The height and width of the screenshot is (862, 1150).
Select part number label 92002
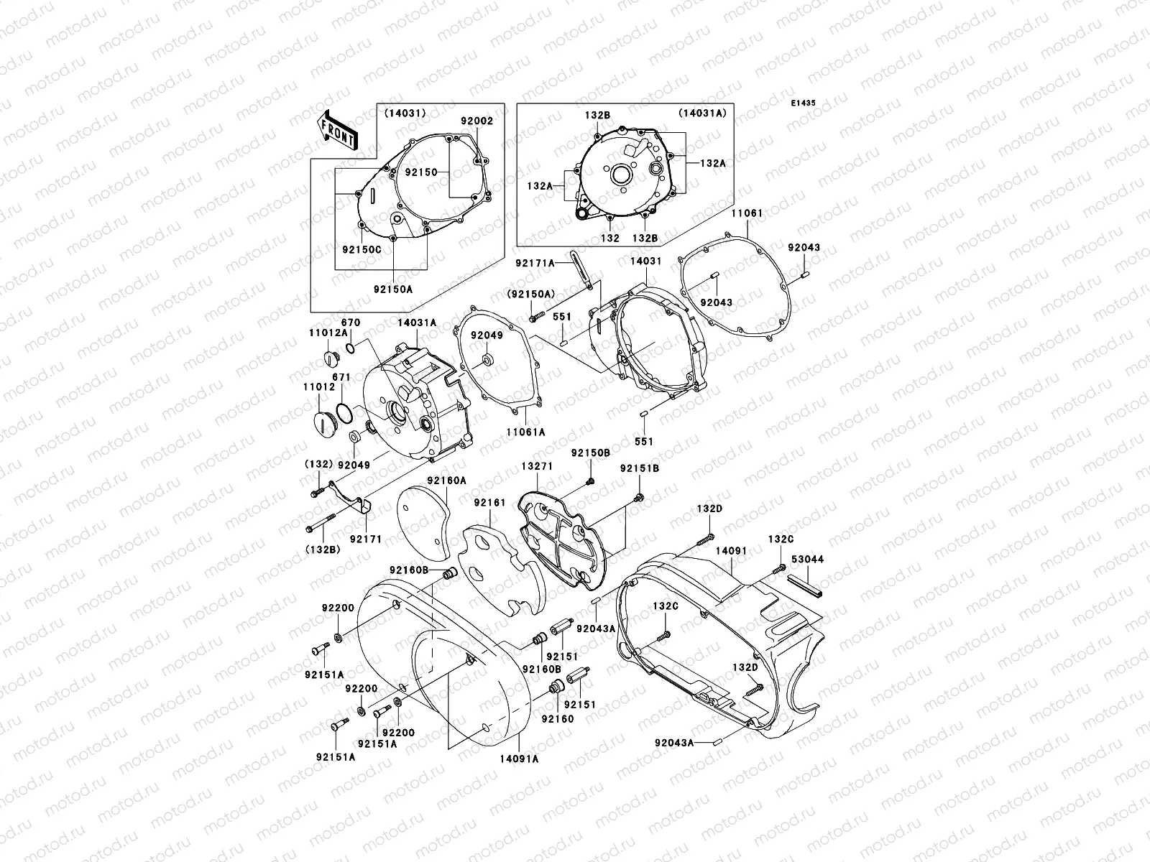tap(477, 122)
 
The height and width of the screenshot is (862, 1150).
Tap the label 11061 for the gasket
tap(747, 213)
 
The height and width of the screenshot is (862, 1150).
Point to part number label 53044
tap(807, 559)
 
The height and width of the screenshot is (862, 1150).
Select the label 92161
tap(489, 503)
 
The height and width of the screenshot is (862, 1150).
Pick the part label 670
tap(351, 323)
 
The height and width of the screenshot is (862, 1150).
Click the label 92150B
tap(591, 453)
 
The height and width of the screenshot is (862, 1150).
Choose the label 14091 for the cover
tap(731, 551)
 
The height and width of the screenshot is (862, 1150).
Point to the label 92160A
tap(446, 480)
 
